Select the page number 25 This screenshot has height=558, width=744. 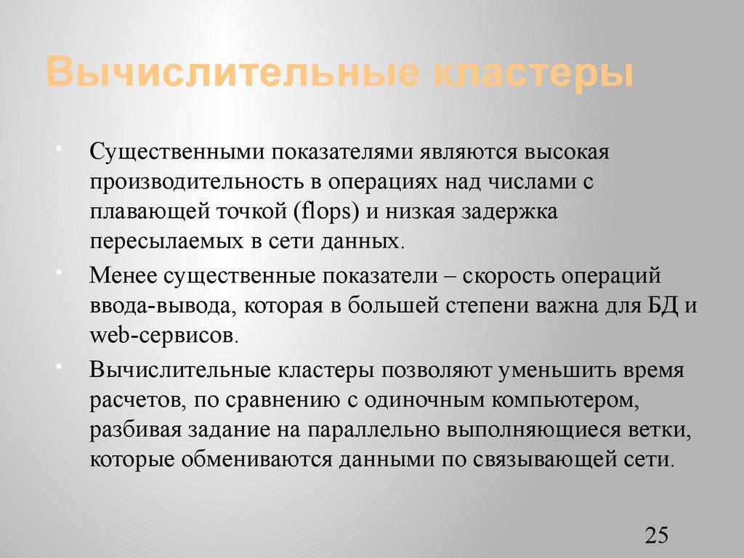tap(655, 536)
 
